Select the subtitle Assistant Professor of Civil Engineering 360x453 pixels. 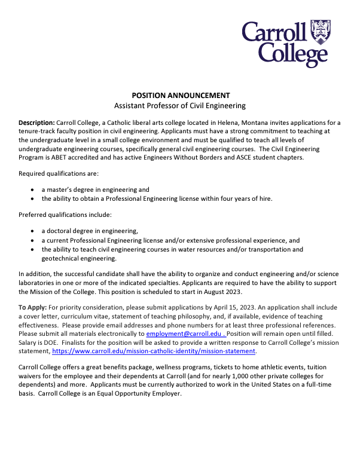pyautogui.click(x=180, y=106)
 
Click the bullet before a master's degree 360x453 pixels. pyautogui.click(x=32, y=189)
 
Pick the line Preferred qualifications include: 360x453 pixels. pyautogui.click(x=60, y=214)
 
